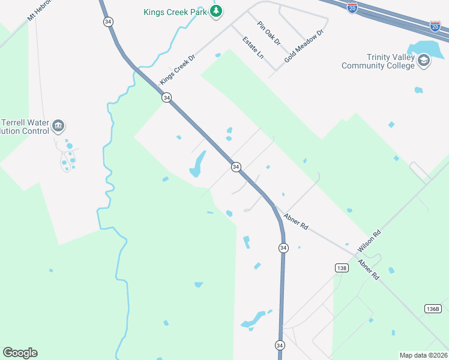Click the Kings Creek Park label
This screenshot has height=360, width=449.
point(175,11)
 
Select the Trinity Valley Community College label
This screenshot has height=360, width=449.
point(378,61)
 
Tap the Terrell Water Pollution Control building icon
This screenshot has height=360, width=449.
point(58,126)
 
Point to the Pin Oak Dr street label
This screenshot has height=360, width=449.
point(268,33)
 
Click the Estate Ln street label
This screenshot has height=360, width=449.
point(253,47)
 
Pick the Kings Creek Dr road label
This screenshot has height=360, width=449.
point(178,71)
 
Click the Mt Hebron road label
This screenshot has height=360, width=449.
point(40,10)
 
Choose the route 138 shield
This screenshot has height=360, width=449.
point(341,268)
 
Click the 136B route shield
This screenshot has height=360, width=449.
point(432,308)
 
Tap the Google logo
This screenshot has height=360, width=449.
point(20,353)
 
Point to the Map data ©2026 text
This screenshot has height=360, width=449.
point(423,355)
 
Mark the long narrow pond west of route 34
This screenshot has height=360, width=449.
point(197,164)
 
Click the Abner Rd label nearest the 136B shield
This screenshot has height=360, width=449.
point(368,269)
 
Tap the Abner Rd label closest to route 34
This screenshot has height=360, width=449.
point(296,222)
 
